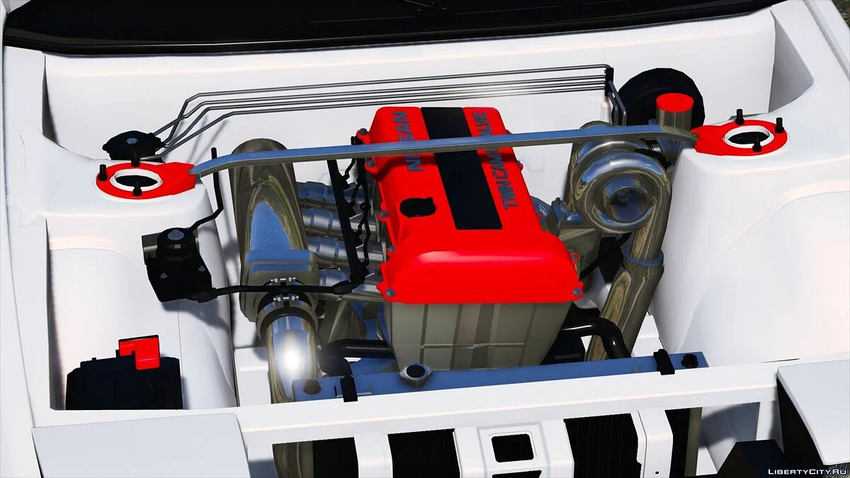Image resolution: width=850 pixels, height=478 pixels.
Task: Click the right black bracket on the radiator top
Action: pos(664,362)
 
